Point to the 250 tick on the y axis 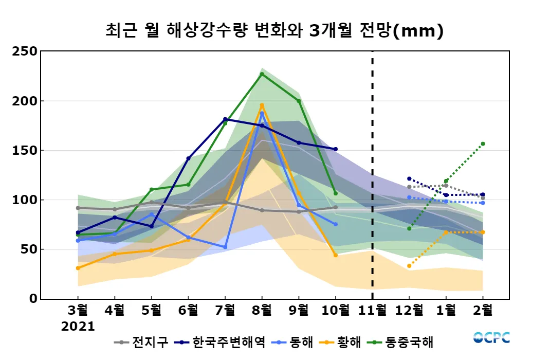point(25,51)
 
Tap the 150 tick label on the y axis point(25,150)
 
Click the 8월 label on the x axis point(262,311)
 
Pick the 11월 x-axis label point(372,311)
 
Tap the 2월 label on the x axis point(482,311)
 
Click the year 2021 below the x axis point(78,327)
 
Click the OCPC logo point(491,338)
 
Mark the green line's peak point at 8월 point(262,74)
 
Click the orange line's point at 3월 point(78,268)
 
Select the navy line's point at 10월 point(336,149)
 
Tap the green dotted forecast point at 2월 point(483,143)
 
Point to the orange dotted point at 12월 point(409,266)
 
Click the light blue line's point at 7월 point(225,247)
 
